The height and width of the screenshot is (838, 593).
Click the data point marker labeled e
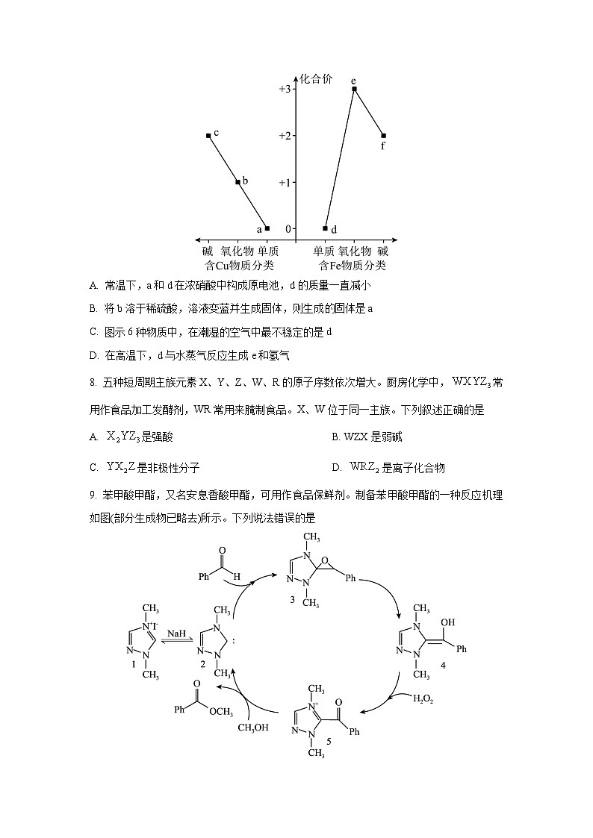coord(354,89)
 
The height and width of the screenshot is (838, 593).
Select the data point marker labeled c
coord(208,136)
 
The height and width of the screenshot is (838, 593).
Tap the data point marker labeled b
coord(237,182)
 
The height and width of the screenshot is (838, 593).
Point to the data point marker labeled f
coord(383,136)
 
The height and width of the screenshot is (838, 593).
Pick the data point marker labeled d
coord(325,228)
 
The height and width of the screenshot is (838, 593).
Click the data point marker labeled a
coord(267,228)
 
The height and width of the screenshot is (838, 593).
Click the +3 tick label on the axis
coord(285,89)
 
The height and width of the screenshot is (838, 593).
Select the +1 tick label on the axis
coord(285,182)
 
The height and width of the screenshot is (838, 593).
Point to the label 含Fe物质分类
coord(353,265)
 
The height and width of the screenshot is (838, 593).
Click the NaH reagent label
coord(176,633)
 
